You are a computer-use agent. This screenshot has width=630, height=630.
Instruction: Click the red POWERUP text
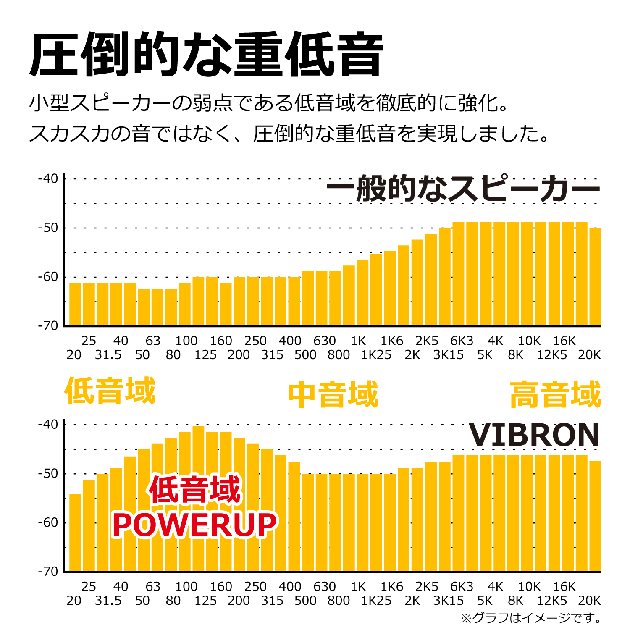click(195, 525)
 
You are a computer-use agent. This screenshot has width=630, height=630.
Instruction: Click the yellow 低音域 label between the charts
click(110, 391)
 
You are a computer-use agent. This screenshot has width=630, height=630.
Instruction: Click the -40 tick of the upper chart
click(48, 178)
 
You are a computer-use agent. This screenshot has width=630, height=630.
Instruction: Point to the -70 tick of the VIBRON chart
click(48, 572)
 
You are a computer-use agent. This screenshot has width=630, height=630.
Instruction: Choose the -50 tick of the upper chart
click(48, 228)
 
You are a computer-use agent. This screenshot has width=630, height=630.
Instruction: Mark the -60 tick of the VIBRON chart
click(48, 522)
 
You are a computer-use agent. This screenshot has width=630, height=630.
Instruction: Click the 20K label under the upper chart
click(589, 355)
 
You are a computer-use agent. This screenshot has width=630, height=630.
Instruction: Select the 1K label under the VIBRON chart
click(358, 586)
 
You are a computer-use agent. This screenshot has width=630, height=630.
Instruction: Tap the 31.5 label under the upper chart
click(108, 355)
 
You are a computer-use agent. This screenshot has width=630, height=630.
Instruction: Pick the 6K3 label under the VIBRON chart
click(462, 586)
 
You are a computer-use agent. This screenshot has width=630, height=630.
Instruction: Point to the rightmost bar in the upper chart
click(595, 277)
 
